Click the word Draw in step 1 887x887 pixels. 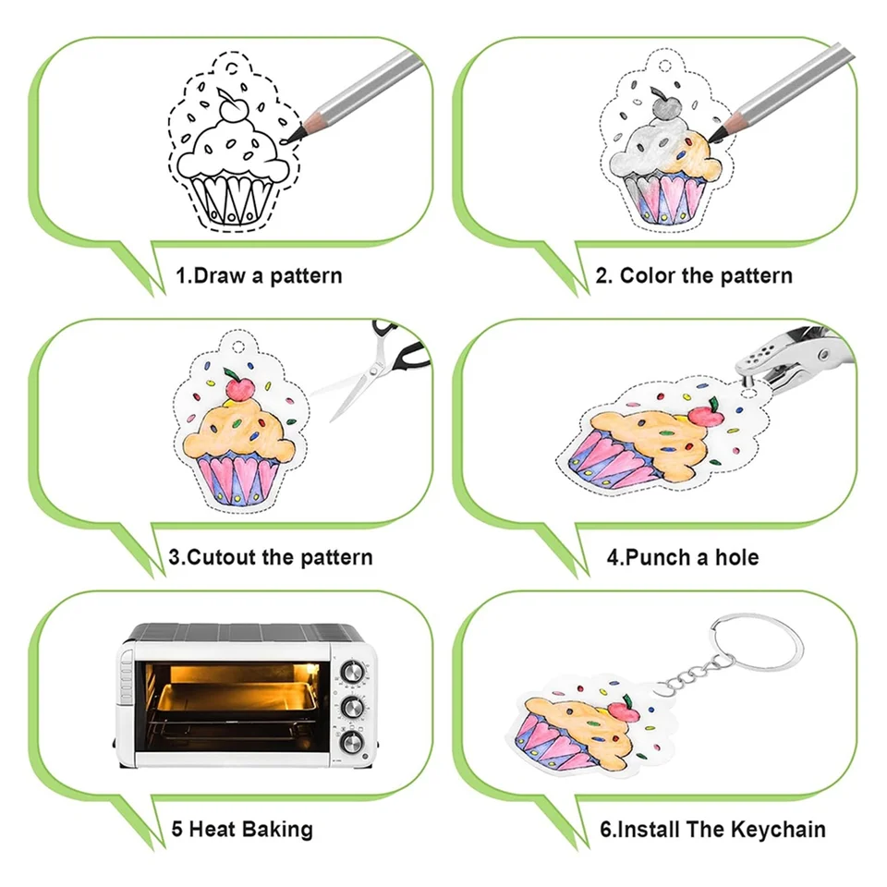(219, 275)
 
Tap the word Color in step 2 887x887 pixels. (648, 275)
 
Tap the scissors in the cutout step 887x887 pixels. (376, 369)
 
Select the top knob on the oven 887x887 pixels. (352, 672)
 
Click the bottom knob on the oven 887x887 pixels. (351, 742)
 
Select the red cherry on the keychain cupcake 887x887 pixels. (626, 711)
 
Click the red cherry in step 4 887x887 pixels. (706, 415)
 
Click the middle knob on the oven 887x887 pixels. (352, 707)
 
